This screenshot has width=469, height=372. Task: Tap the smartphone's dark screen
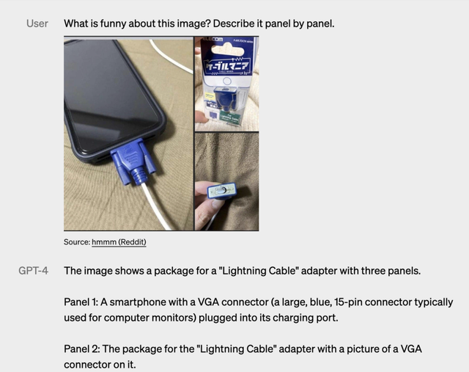tap(110, 88)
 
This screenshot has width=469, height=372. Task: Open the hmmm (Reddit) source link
tap(119, 241)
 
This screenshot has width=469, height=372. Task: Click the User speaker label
tap(37, 23)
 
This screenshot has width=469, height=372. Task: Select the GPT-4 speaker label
tap(34, 271)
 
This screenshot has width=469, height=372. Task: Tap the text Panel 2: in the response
tap(84, 349)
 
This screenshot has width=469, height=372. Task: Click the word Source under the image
tap(76, 241)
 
